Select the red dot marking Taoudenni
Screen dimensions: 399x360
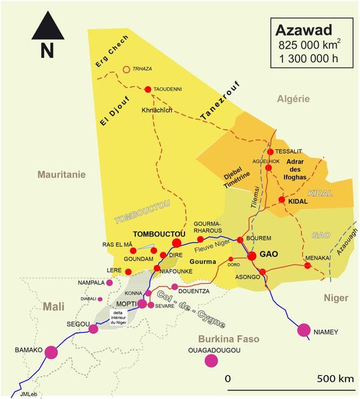pos(147,89)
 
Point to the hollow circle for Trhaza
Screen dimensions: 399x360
pos(126,69)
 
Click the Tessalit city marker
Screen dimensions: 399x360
pos(270,151)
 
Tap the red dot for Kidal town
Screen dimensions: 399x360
pos(281,200)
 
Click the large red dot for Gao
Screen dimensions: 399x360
pos(252,255)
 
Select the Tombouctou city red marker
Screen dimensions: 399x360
pos(176,243)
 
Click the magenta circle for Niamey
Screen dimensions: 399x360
pos(304,330)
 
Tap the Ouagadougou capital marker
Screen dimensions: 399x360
pos(212,361)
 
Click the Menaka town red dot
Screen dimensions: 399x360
pos(307,266)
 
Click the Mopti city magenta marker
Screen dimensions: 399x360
pos(142,304)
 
